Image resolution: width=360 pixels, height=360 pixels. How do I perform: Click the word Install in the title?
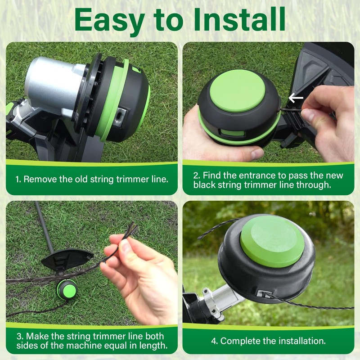[x=239, y=19]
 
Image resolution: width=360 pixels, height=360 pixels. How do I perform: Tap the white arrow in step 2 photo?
[x=296, y=98]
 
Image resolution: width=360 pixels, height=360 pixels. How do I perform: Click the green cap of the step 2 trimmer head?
[x=238, y=91]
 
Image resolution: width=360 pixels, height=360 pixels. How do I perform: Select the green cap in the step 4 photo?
[x=272, y=242]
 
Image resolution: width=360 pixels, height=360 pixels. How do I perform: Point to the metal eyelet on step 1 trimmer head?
[x=120, y=115]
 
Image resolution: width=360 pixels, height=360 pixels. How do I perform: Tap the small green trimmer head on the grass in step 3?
[x=67, y=289]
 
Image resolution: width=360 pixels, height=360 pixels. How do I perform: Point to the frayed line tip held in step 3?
[x=131, y=230]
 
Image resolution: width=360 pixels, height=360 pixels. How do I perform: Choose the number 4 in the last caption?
[x=214, y=341]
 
